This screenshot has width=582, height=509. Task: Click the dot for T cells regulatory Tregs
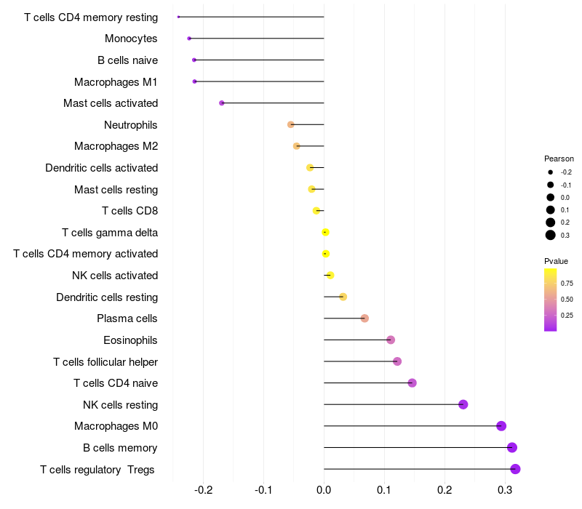tap(515, 469)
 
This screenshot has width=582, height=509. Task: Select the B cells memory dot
tap(512, 448)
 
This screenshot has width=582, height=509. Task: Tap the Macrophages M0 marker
tap(501, 426)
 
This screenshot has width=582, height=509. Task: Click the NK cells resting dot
tap(463, 404)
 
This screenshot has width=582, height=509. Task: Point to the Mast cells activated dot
tap(222, 103)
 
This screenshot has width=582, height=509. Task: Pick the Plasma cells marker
tap(364, 318)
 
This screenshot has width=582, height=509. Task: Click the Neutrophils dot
tap(291, 124)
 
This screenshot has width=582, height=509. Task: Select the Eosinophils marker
tap(391, 340)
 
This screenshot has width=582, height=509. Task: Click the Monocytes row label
tap(131, 39)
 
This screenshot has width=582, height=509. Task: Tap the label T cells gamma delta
tap(110, 233)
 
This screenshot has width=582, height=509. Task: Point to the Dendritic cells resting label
tap(107, 297)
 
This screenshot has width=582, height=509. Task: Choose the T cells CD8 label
tap(129, 211)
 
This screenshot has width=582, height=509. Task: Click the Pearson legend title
tap(559, 159)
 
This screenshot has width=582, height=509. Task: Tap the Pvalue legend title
tap(557, 261)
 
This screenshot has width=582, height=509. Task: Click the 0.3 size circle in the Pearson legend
tap(551, 235)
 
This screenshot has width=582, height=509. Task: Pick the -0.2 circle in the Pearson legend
tap(551, 172)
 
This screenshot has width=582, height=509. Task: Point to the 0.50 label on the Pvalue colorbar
tap(567, 299)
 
